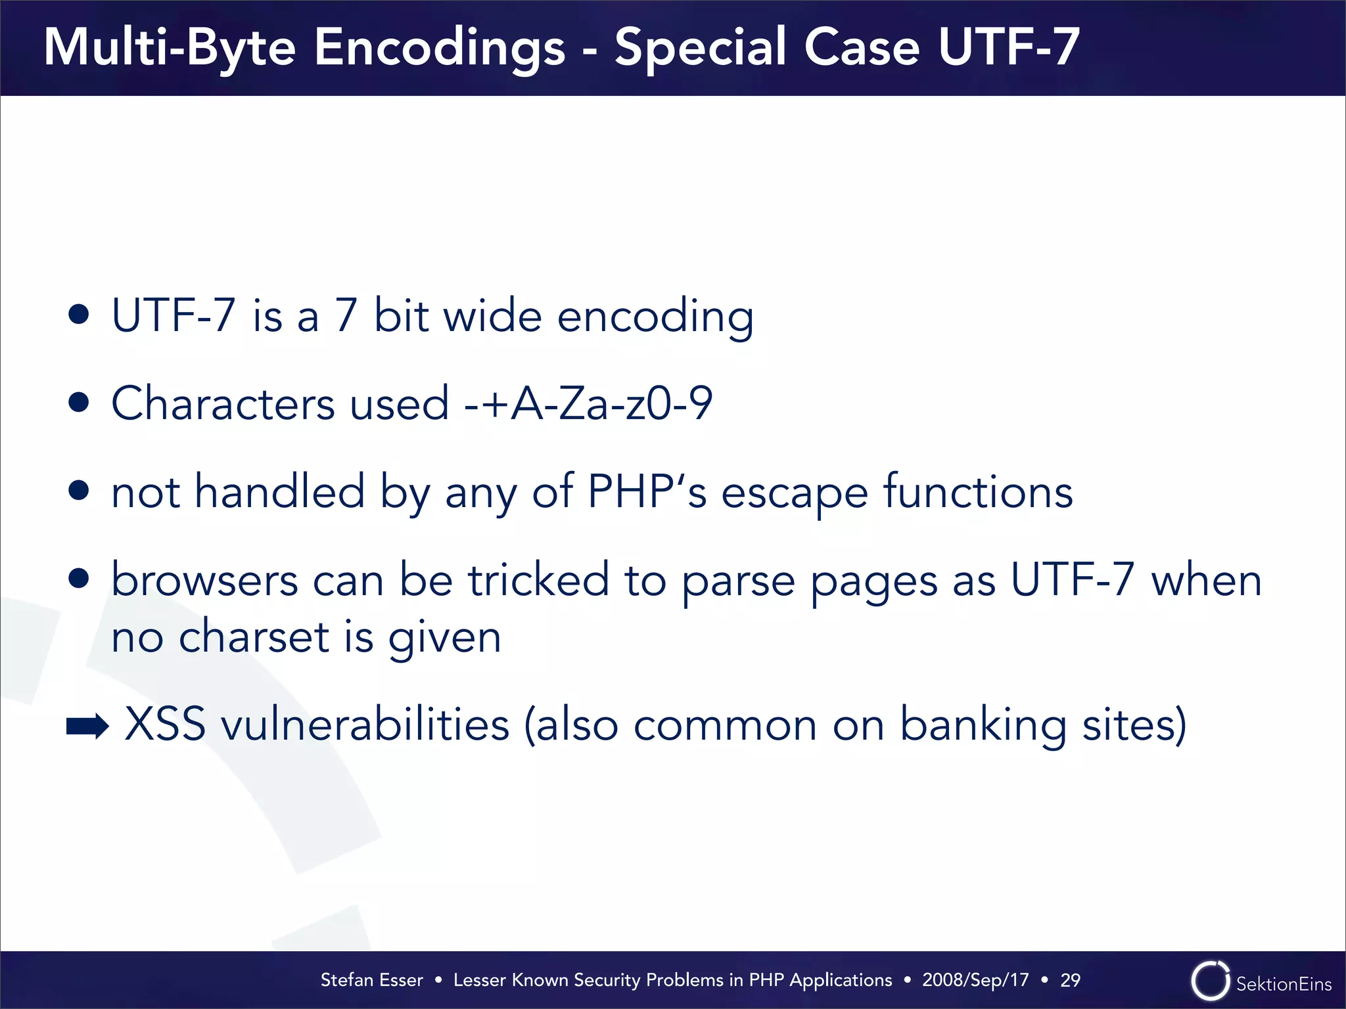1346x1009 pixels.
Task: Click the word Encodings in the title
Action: (439, 48)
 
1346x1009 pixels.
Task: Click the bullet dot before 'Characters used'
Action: (79, 402)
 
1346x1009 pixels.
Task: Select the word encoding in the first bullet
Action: (655, 317)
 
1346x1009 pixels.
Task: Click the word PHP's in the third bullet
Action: (647, 491)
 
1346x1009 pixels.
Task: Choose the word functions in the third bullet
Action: (978, 491)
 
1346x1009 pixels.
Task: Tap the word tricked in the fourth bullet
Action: (538, 580)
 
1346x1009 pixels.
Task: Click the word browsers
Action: (204, 580)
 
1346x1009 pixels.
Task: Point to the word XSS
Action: (164, 724)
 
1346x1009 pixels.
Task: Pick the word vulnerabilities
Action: (365, 724)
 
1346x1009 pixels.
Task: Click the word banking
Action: (983, 724)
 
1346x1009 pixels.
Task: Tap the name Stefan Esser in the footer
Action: (371, 980)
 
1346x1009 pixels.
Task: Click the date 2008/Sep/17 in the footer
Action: (975, 980)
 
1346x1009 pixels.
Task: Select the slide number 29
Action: (1070, 980)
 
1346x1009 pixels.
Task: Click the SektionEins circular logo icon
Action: (1210, 981)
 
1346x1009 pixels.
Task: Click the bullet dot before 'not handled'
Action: (79, 490)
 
